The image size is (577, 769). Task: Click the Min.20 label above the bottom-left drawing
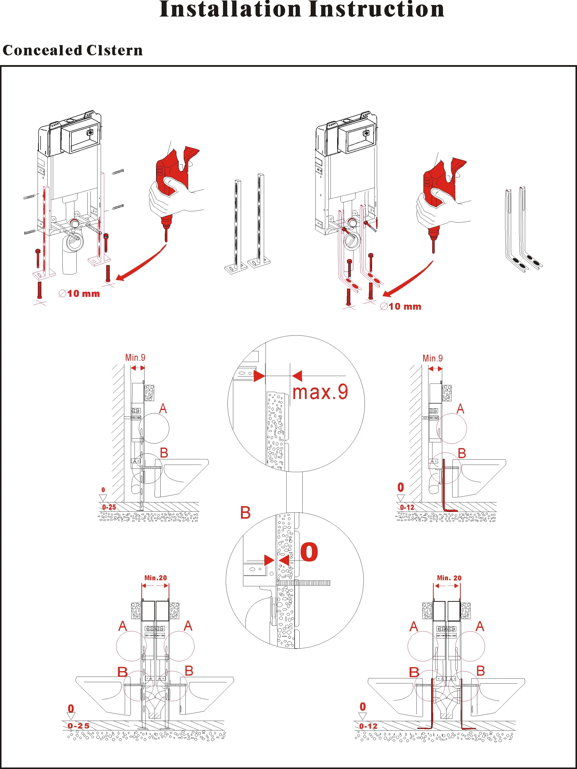click(156, 578)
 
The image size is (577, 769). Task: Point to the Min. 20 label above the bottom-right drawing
click(449, 578)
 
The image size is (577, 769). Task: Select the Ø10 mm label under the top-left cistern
click(79, 294)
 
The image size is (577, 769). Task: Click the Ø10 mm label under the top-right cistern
click(401, 306)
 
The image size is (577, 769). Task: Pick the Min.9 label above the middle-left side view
click(135, 357)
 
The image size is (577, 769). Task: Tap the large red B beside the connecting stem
click(245, 513)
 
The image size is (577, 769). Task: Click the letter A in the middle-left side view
click(163, 409)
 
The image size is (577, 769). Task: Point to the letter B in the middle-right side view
click(462, 453)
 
